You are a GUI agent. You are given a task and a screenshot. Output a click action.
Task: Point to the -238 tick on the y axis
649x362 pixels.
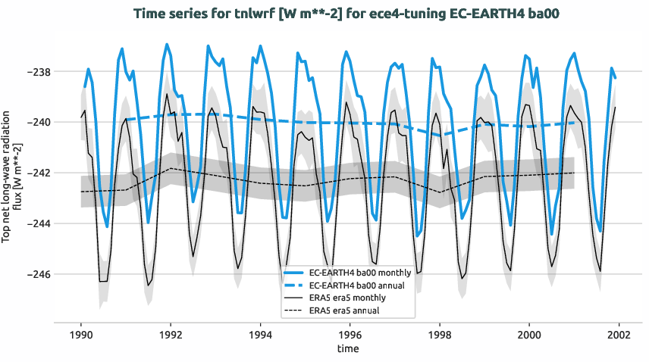(x=36, y=72)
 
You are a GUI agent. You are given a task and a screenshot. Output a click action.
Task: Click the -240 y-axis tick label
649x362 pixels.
(x=36, y=122)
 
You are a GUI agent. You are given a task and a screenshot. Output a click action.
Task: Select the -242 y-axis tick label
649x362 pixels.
(x=36, y=173)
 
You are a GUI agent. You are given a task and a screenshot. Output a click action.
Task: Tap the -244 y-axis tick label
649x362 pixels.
(x=36, y=223)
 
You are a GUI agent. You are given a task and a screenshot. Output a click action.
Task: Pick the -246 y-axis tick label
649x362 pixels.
(x=36, y=274)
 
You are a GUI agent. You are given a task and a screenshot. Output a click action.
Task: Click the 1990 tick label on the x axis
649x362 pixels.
(x=81, y=334)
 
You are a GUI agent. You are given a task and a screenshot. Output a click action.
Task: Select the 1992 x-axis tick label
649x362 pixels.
(x=171, y=334)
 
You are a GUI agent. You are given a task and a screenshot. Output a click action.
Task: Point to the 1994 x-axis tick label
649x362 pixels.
(x=260, y=334)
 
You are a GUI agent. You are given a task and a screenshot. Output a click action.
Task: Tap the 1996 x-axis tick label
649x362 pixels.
(x=350, y=334)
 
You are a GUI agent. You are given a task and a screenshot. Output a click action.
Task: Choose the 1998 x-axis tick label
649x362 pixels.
(x=439, y=334)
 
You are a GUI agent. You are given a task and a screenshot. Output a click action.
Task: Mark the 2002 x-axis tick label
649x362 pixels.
(x=618, y=334)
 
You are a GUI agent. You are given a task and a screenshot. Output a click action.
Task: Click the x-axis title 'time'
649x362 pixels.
(x=350, y=349)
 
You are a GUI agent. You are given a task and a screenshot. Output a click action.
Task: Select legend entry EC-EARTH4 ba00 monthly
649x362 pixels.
(x=361, y=272)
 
